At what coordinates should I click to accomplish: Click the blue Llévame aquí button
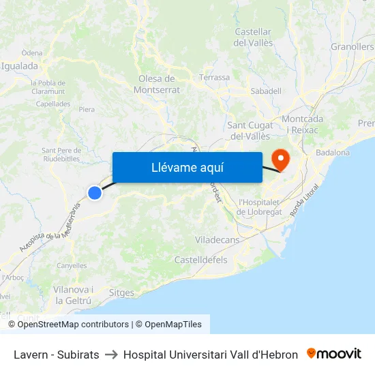[x=187, y=167]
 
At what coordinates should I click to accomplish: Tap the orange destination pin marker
[x=280, y=160]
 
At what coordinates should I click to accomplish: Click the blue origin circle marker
[x=95, y=193]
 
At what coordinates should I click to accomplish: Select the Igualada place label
[x=20, y=66]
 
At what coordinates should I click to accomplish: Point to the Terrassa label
[x=214, y=78]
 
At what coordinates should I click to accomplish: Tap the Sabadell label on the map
[x=266, y=91]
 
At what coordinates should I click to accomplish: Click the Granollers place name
[x=352, y=47]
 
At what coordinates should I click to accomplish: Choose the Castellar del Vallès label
[x=253, y=37]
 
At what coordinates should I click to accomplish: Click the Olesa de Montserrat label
[x=157, y=84]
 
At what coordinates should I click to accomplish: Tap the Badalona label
[x=333, y=152]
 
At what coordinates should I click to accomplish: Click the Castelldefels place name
[x=201, y=260]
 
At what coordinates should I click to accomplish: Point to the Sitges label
[x=121, y=292]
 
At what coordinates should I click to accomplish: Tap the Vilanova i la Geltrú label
[x=73, y=295]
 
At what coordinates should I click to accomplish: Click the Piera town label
[x=87, y=109]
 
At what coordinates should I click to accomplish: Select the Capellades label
[x=52, y=104]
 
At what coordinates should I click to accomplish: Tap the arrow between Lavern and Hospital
[x=111, y=355]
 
